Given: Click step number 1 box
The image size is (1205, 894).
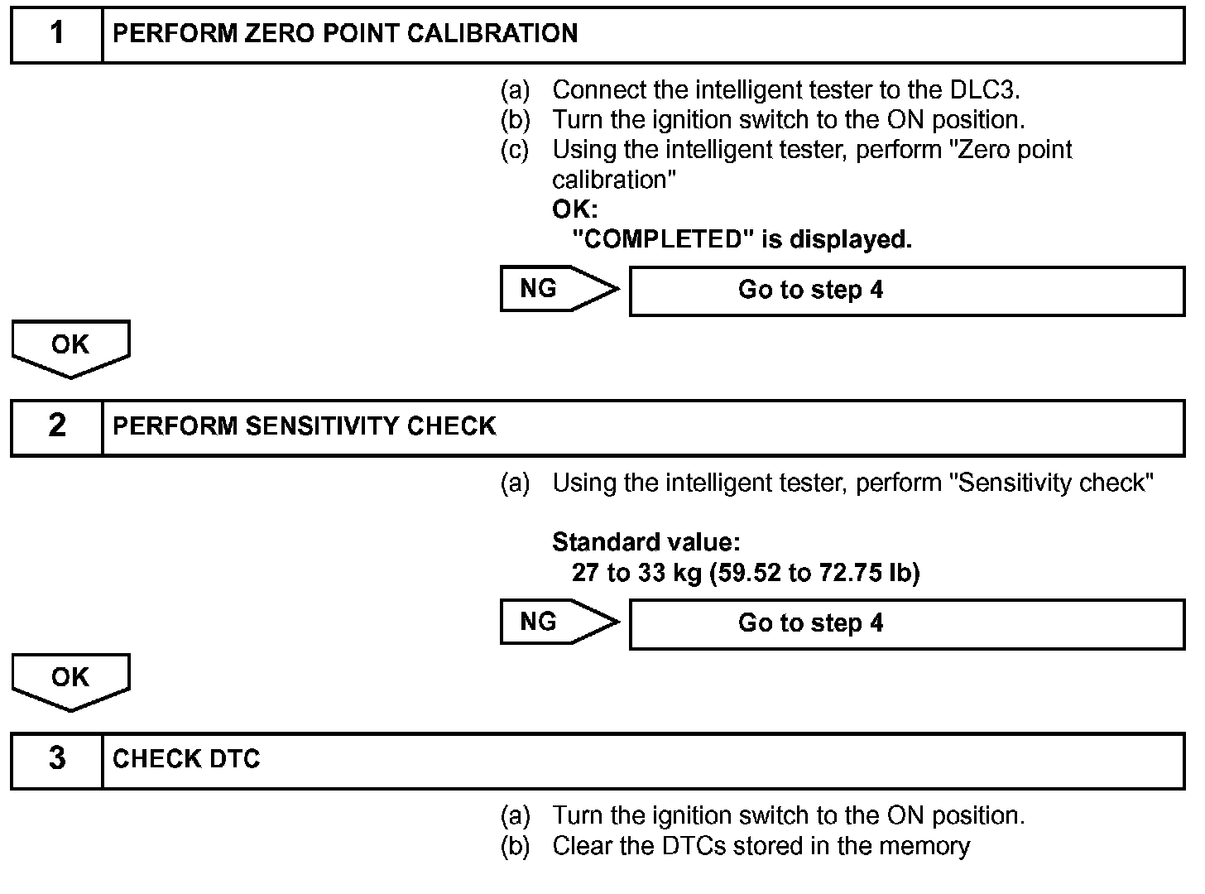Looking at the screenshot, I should point(56,34).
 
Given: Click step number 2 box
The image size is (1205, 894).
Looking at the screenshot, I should point(56,426).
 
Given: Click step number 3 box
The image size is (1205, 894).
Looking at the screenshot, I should point(56,759).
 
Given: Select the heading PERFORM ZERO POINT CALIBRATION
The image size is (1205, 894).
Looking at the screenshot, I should point(345,34).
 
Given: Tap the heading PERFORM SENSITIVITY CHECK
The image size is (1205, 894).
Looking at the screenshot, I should point(304,426).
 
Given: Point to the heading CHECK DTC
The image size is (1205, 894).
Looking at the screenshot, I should point(186,759).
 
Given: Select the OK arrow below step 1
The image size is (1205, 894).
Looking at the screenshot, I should point(70,346).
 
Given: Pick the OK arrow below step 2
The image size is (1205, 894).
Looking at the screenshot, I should point(70,679).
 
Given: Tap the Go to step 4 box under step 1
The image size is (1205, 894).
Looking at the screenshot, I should point(906,291).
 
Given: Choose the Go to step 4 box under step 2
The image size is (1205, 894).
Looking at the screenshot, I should point(906,623).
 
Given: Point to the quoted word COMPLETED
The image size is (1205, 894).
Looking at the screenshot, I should point(660,240).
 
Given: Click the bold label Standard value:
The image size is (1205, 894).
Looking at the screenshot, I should point(646,543).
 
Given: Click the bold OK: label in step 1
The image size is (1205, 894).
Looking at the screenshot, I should point(574,210).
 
